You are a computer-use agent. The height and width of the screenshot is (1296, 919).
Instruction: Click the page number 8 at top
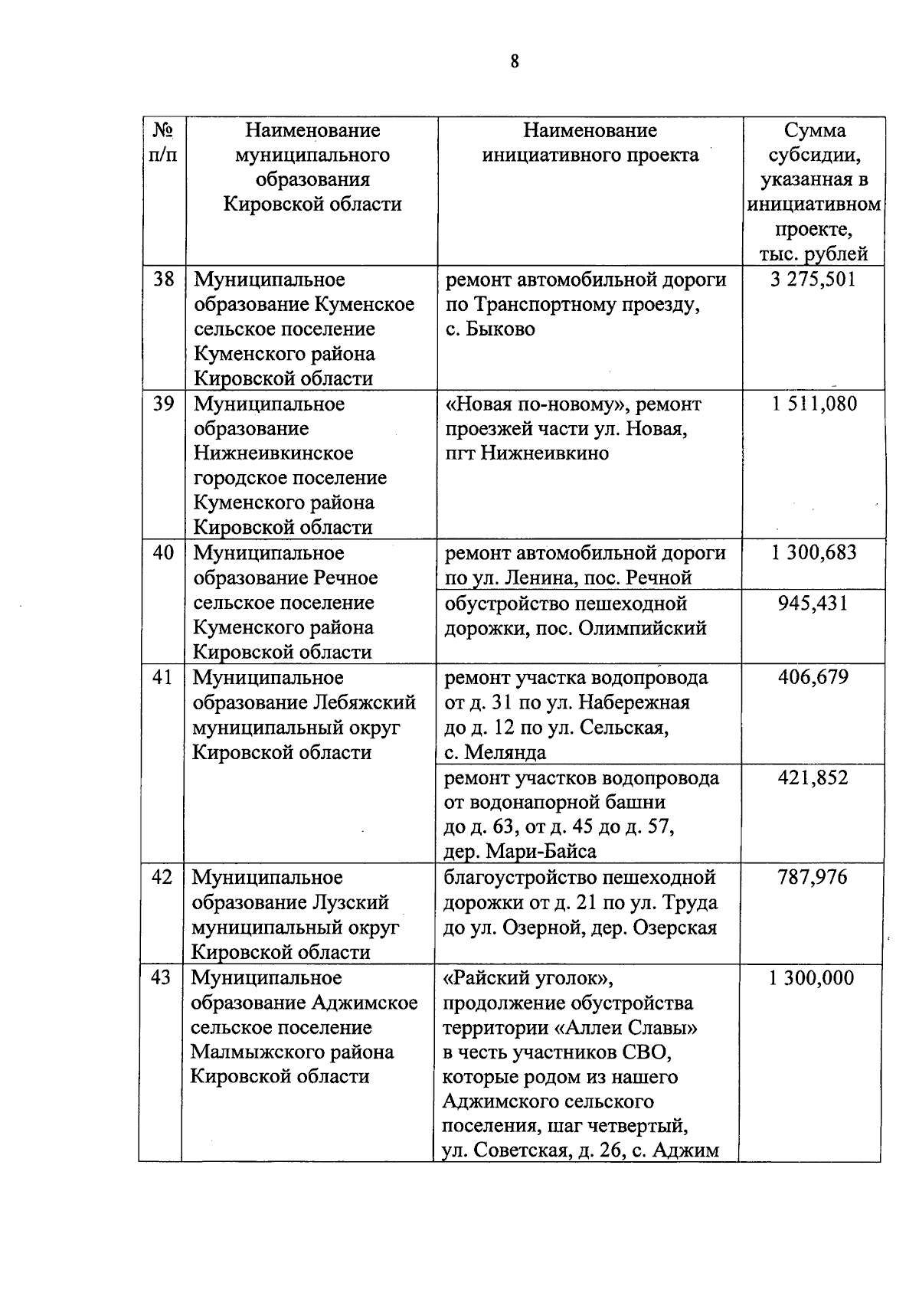click(x=514, y=62)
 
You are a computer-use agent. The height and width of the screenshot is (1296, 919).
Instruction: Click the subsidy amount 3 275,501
click(x=813, y=280)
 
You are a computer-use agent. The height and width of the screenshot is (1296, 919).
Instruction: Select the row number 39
click(x=163, y=404)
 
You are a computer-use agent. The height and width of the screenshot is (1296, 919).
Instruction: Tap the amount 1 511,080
click(x=813, y=404)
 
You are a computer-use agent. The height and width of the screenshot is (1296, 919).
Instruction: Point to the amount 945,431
click(x=813, y=604)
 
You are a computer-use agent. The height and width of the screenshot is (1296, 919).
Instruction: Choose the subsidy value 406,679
click(x=813, y=677)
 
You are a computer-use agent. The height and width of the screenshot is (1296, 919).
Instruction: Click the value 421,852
click(x=813, y=778)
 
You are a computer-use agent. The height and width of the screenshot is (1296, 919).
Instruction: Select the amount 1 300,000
click(x=811, y=978)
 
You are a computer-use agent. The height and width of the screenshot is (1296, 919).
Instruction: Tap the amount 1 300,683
click(x=813, y=553)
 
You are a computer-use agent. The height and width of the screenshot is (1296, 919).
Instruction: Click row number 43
click(x=161, y=978)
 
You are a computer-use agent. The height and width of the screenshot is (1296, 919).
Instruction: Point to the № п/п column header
click(x=162, y=142)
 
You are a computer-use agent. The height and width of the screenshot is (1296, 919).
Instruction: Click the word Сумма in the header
click(x=814, y=130)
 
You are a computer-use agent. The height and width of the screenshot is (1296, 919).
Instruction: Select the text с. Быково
click(x=490, y=329)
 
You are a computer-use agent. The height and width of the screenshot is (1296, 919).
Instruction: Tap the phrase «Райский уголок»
click(x=528, y=978)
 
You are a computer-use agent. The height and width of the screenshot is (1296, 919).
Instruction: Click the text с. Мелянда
click(x=495, y=752)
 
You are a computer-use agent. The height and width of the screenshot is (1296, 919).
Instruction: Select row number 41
click(x=162, y=677)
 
